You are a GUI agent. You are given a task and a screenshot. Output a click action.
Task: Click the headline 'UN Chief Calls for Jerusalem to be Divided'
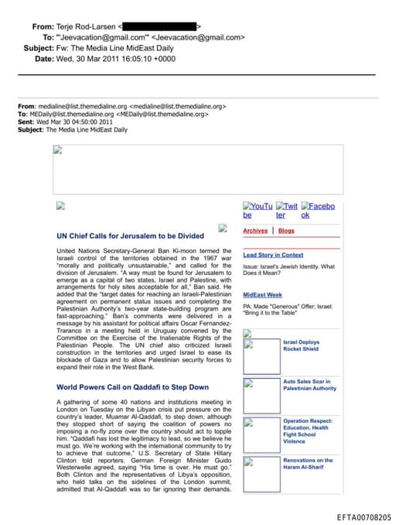(x=130, y=235)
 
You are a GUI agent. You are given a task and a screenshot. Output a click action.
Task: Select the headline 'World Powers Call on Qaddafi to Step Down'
(x=132, y=386)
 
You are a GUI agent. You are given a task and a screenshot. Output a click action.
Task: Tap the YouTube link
(x=258, y=211)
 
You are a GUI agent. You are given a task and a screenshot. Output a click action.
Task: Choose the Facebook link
(x=318, y=211)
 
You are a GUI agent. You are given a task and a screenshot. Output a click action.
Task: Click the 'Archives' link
(x=255, y=231)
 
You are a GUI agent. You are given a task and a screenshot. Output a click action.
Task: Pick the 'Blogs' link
(x=286, y=231)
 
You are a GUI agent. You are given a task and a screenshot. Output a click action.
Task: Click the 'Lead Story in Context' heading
(x=273, y=255)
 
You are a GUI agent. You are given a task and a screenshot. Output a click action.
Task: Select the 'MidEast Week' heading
(x=262, y=295)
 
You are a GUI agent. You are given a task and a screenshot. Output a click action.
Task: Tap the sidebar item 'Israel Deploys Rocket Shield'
(x=301, y=345)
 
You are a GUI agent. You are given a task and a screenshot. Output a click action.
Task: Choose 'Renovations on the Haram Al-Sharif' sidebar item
(x=308, y=465)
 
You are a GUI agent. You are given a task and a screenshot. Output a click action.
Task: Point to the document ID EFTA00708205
(x=364, y=517)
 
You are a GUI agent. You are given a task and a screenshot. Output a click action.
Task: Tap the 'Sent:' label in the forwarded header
(x=26, y=122)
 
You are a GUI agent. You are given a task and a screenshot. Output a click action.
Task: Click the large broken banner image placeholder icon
(x=57, y=150)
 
